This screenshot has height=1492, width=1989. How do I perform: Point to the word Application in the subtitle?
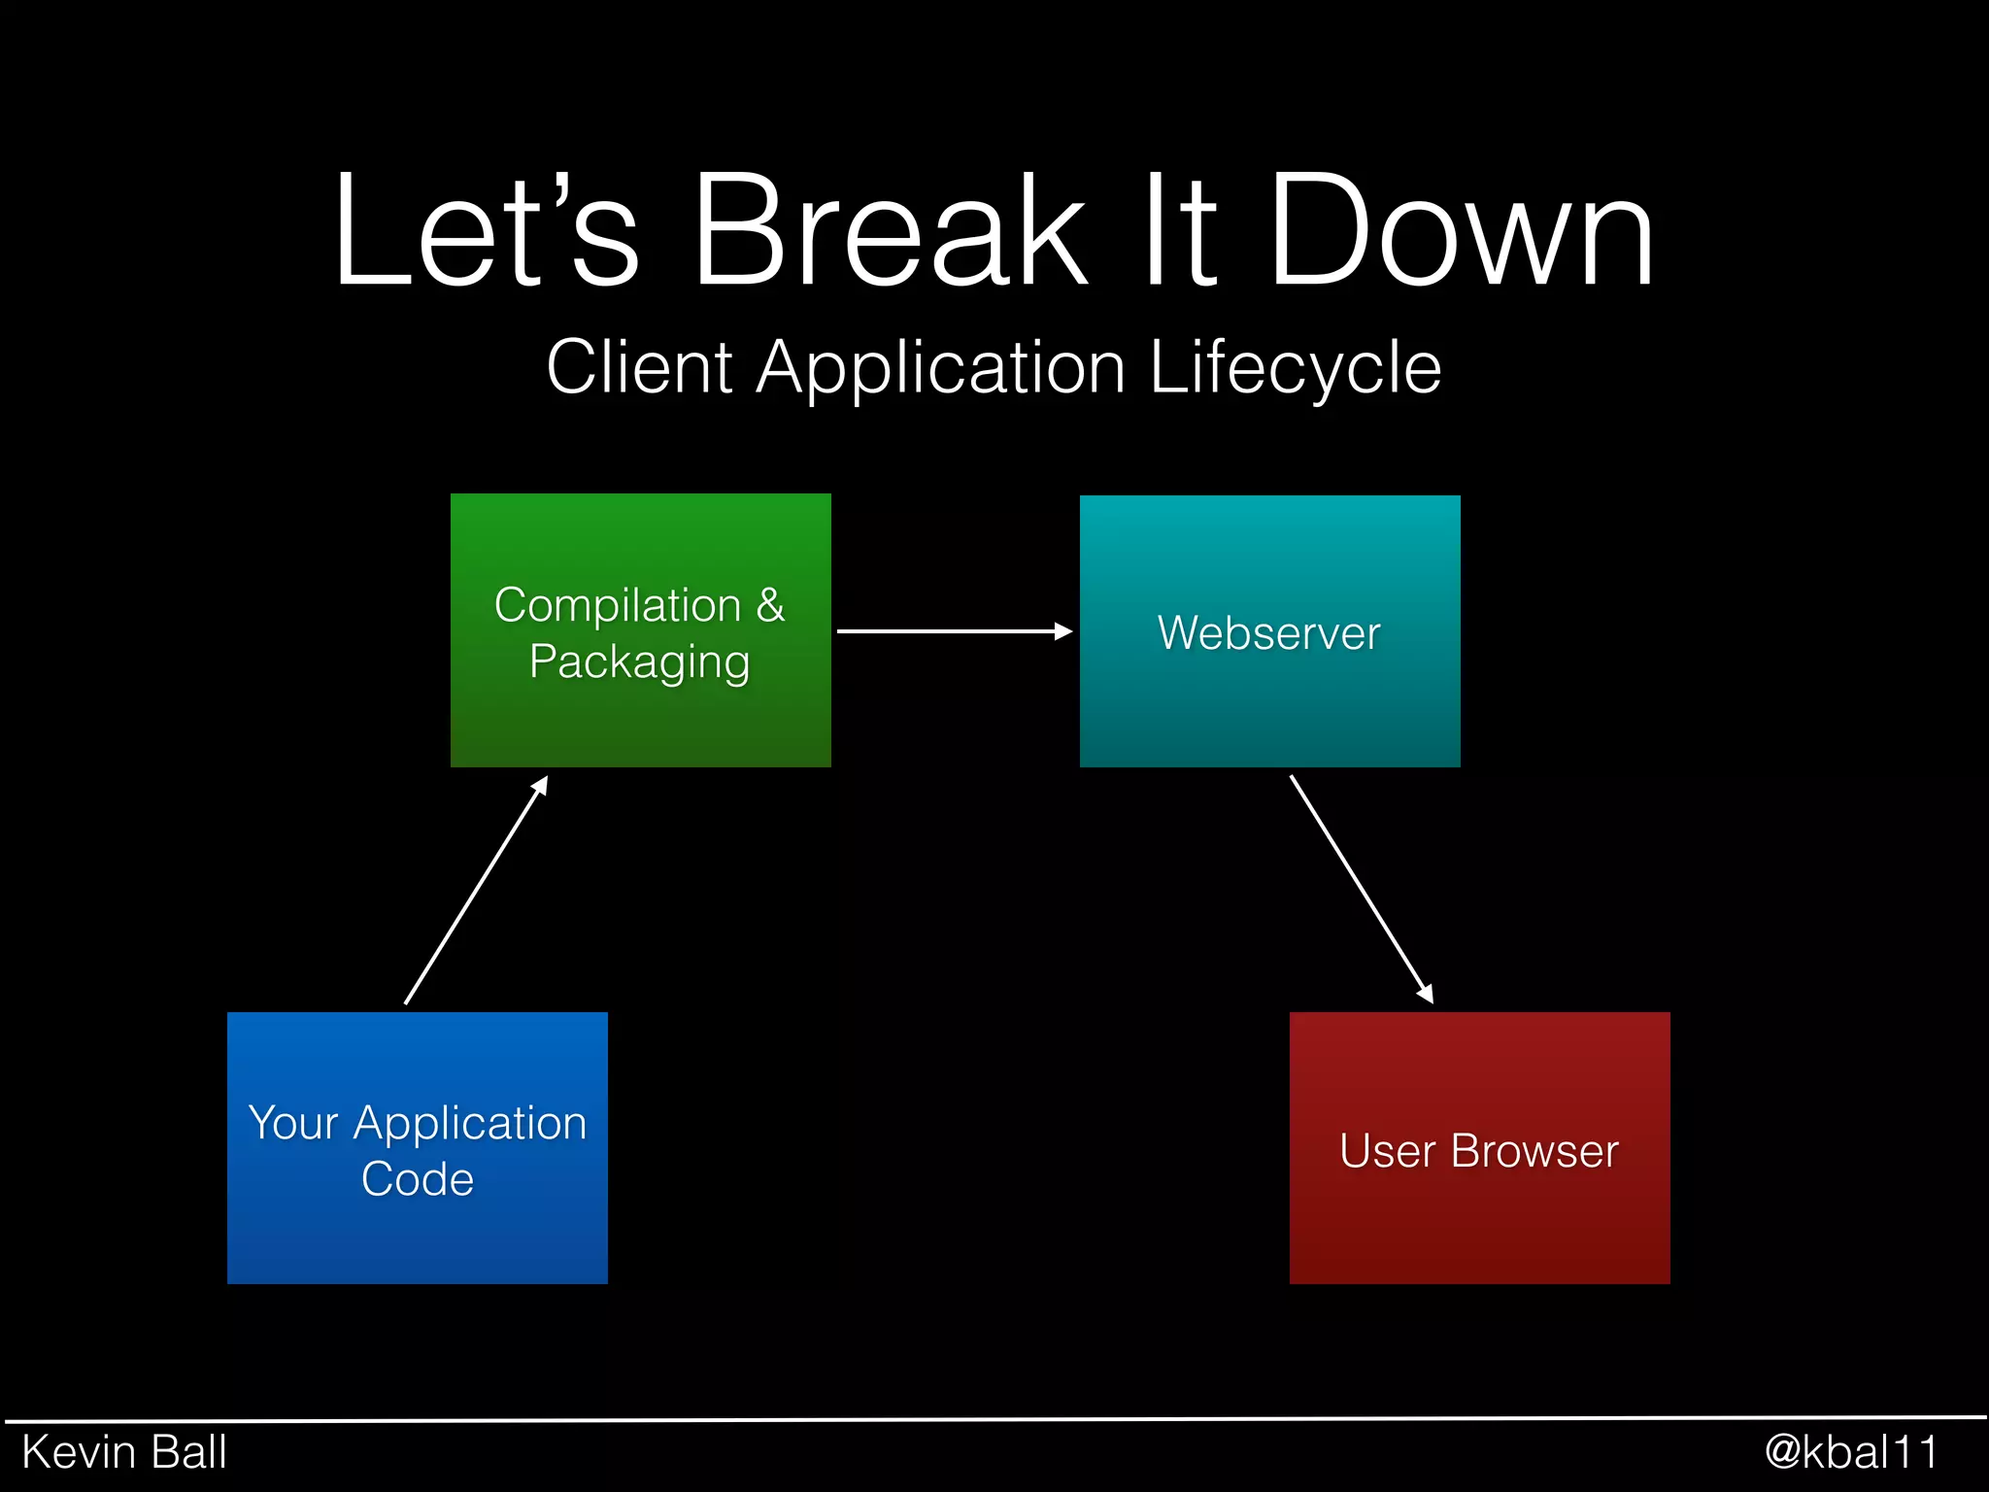(940, 369)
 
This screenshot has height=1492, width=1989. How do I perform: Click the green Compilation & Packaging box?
(640, 719)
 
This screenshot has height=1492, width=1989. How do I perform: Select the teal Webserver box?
(1269, 709)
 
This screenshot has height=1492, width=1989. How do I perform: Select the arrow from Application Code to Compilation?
(476, 890)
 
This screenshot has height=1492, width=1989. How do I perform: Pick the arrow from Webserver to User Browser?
(1360, 888)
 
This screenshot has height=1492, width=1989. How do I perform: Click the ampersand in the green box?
(770, 605)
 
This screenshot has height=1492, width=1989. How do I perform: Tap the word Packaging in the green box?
(639, 662)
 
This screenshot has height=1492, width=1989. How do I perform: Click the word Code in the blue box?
(417, 1179)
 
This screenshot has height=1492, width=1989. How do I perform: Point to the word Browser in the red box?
(1534, 1152)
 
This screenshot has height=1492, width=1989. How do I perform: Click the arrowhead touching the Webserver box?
(1063, 631)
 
